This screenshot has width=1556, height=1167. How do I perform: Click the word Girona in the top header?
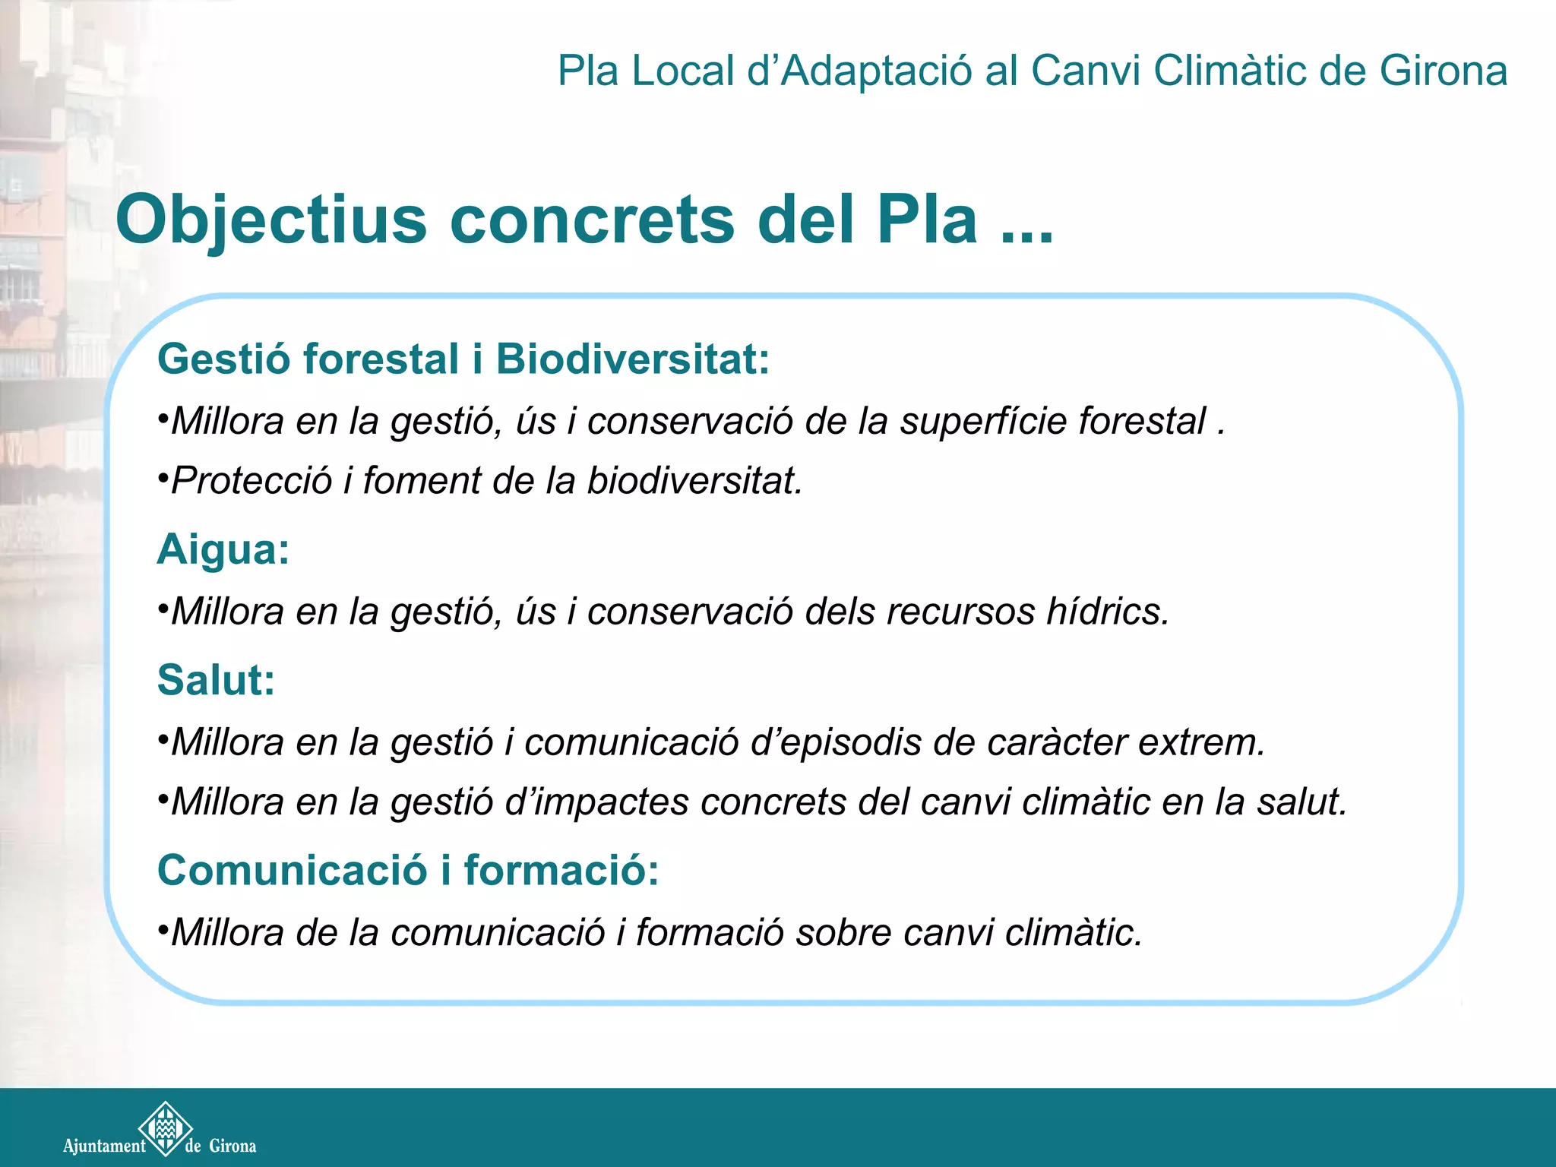(x=1443, y=71)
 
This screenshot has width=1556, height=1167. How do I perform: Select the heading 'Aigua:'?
(x=223, y=549)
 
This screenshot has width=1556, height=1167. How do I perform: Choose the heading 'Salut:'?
(x=216, y=680)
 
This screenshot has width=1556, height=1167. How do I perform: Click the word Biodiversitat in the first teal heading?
(x=633, y=359)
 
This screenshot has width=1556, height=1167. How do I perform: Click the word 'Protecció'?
(x=251, y=481)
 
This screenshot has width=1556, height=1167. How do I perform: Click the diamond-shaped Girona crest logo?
(x=165, y=1128)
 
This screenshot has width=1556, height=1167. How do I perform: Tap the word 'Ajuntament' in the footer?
(x=104, y=1146)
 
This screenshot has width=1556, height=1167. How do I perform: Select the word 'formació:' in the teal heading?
(x=561, y=871)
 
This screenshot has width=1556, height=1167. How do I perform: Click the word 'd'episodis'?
(x=836, y=742)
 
